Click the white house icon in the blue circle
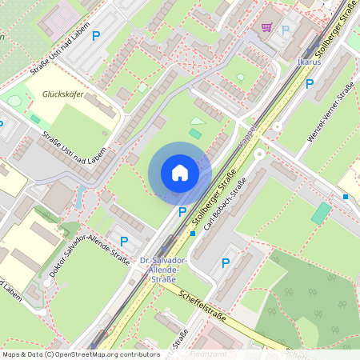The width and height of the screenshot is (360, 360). coord(180,172)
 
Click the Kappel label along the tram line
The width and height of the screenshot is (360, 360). coord(248,135)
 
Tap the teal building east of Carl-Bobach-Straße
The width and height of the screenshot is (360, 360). coord(321,212)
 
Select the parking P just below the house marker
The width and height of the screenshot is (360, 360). coord(182,212)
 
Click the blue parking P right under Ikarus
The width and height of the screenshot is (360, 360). coord(310,83)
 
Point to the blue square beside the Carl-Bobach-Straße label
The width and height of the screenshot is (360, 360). coord(193,234)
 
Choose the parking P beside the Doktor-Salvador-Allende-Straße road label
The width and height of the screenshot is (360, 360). coord(123,241)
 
